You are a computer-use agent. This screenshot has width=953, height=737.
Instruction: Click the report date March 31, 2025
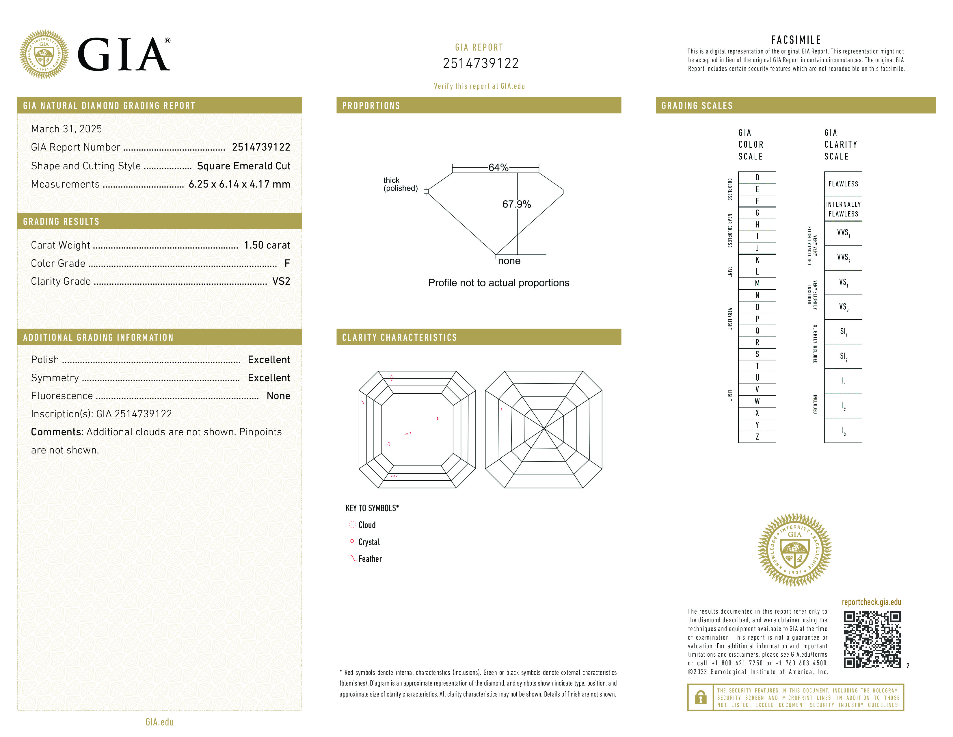(x=66, y=129)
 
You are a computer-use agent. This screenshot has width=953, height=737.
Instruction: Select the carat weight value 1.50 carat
(x=267, y=245)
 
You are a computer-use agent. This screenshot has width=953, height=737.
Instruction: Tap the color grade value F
(x=287, y=263)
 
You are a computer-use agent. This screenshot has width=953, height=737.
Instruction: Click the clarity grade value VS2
(x=281, y=281)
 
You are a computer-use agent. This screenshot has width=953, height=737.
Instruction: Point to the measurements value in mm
(x=239, y=184)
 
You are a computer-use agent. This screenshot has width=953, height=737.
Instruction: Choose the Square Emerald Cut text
(x=243, y=166)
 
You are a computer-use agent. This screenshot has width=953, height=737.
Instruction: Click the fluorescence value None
(x=278, y=396)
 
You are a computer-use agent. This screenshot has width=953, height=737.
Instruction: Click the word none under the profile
(x=509, y=261)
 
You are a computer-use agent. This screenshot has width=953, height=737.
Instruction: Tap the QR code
(x=872, y=640)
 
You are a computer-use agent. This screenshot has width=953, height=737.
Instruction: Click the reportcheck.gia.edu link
(x=871, y=602)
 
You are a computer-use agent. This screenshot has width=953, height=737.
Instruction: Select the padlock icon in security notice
(x=700, y=697)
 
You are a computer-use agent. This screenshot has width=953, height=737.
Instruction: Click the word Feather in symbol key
(x=370, y=559)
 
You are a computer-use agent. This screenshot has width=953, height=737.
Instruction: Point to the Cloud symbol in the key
(x=352, y=524)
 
